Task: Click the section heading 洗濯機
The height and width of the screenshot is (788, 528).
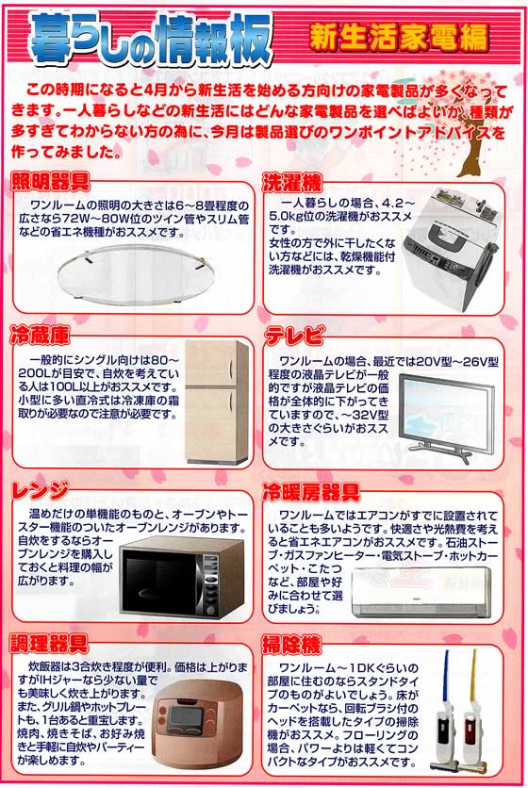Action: pyautogui.click(x=291, y=180)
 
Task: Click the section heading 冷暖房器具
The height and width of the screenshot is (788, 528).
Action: pyautogui.click(x=310, y=491)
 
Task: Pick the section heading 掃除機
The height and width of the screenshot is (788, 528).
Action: pyautogui.click(x=293, y=645)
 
